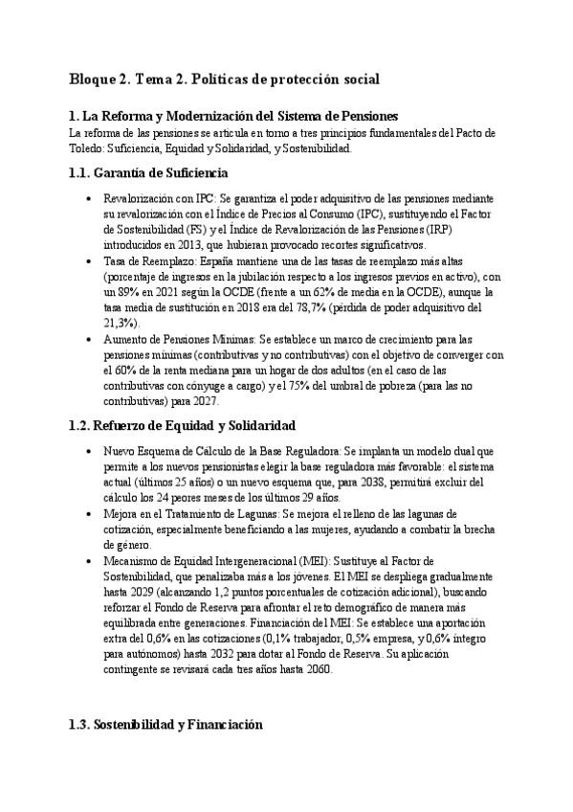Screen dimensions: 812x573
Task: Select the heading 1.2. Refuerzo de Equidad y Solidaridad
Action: tap(182, 424)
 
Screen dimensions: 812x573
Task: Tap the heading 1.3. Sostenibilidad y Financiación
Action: tap(165, 726)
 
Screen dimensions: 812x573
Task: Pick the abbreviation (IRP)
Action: tap(438, 231)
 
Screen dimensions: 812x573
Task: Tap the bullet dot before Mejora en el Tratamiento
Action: tap(89, 513)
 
